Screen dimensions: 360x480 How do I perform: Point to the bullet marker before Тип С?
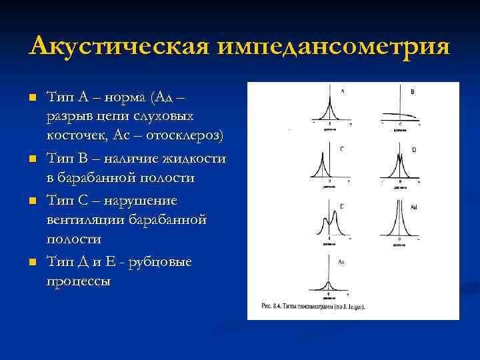click(31, 201)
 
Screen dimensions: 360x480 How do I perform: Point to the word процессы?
click(79, 281)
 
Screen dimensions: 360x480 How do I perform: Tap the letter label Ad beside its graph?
click(413, 208)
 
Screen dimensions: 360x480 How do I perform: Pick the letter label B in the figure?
click(413, 91)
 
